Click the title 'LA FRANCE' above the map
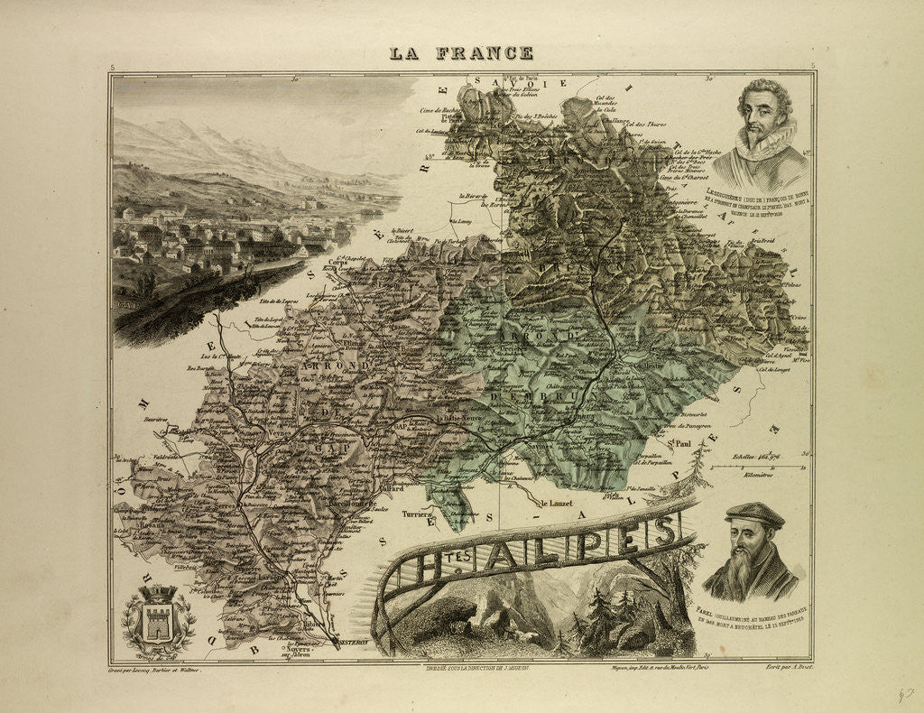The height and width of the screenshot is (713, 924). pyautogui.click(x=461, y=53)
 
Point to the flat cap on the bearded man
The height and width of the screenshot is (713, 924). pyautogui.click(x=754, y=514)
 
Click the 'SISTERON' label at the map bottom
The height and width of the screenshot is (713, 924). pyautogui.click(x=346, y=643)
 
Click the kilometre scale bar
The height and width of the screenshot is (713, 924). pyautogui.click(x=756, y=468)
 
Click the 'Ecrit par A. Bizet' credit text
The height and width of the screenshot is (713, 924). pyautogui.click(x=779, y=669)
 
